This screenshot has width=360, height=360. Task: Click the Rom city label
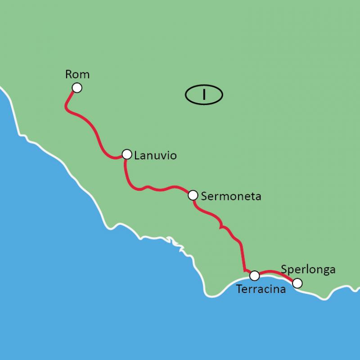pyautogui.click(x=77, y=74)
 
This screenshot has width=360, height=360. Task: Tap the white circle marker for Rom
pyautogui.click(x=77, y=88)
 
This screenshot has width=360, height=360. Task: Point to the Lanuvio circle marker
pyautogui.click(x=127, y=154)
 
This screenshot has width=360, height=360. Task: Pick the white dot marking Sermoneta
pyautogui.click(x=193, y=195)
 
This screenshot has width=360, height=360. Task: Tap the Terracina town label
pyautogui.click(x=261, y=289)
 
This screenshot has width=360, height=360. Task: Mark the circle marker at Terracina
pyautogui.click(x=254, y=275)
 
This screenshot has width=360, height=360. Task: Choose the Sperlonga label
pyautogui.click(x=308, y=270)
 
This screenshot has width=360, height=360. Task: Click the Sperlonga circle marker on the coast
pyautogui.click(x=297, y=283)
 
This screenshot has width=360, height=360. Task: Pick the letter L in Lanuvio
pyautogui.click(x=136, y=156)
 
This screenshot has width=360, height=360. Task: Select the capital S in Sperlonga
pyautogui.click(x=284, y=270)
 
